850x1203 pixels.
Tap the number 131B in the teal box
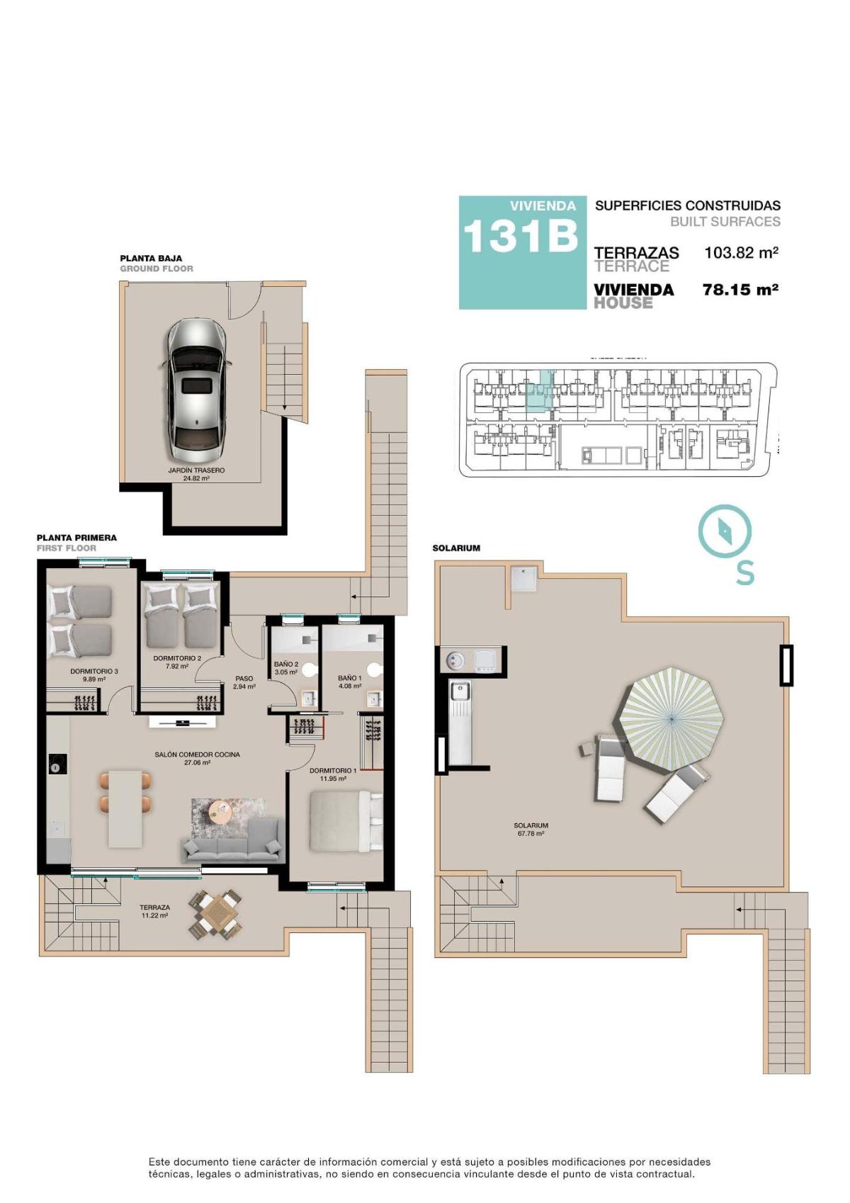520,236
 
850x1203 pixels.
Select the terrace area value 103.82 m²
741,252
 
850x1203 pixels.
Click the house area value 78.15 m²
740,290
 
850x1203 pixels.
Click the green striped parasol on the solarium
671,718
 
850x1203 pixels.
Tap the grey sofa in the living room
233,841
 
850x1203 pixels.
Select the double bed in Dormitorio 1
341,821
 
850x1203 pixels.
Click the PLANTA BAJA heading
151,259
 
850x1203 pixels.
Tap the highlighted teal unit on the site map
538,392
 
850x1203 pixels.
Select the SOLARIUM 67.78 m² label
531,829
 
